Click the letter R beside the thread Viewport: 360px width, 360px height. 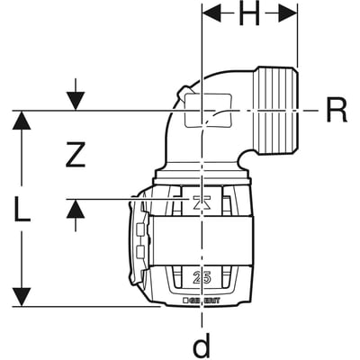coord(335,111)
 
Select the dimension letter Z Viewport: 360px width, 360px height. coord(76,156)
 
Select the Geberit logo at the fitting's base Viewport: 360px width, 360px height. coord(208,300)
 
